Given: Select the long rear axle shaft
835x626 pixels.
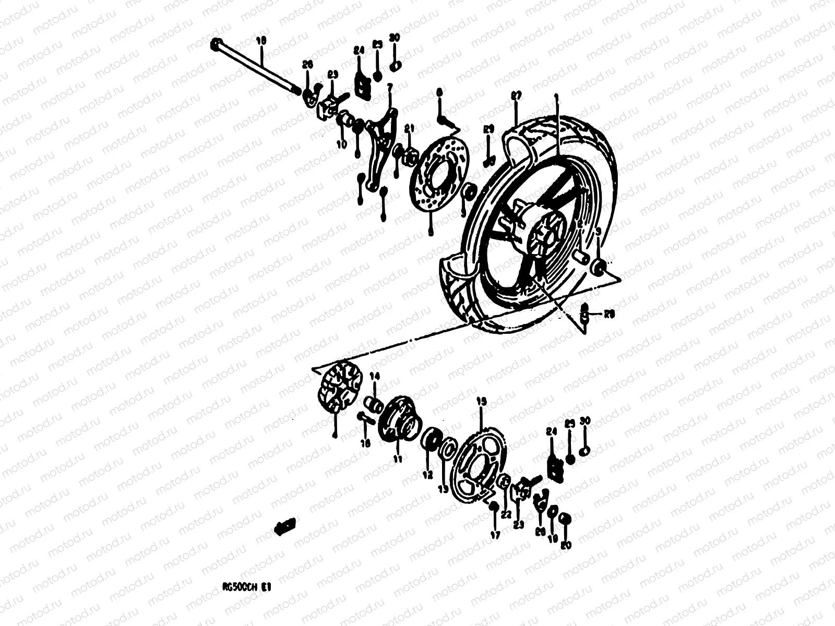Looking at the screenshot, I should pos(256,66).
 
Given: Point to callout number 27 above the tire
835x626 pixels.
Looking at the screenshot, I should pos(516,95).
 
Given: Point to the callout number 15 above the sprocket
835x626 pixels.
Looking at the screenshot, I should pos(481,401).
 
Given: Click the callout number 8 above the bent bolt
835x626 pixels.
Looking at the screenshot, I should pos(439,92).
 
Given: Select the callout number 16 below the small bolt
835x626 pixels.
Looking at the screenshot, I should pos(366,443).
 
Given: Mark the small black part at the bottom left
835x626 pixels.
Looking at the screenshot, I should pos(285,526).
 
